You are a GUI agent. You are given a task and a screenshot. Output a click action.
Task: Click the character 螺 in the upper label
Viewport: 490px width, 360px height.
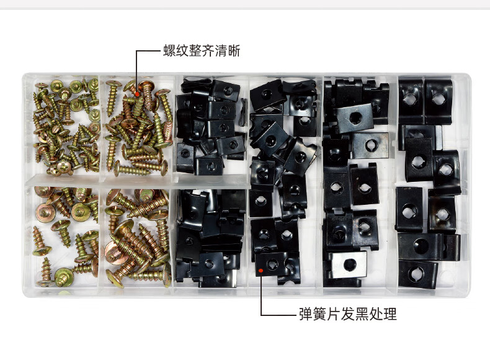(x=169, y=51)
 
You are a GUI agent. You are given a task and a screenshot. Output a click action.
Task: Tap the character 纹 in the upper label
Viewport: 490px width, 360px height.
(x=182, y=51)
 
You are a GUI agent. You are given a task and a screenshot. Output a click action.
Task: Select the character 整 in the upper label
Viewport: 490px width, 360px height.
(x=195, y=51)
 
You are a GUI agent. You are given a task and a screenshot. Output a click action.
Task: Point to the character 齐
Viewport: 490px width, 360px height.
(x=208, y=51)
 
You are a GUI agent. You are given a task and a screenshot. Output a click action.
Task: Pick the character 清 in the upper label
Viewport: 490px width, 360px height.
(x=221, y=51)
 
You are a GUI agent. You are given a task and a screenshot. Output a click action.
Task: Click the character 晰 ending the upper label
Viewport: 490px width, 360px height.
(x=234, y=51)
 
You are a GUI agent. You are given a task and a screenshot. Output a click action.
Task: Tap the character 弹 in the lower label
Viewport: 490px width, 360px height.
(x=306, y=314)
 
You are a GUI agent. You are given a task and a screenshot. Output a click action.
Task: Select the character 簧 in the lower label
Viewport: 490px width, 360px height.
(x=319, y=314)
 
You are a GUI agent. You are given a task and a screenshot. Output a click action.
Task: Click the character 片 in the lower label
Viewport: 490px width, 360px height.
(x=334, y=314)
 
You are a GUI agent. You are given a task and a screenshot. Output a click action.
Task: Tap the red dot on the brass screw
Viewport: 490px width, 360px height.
(x=137, y=94)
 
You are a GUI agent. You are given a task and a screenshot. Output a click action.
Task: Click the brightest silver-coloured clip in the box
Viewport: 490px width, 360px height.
(x=349, y=265)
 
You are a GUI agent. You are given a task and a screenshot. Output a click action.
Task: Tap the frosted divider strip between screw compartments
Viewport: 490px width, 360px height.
(x=138, y=181)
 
